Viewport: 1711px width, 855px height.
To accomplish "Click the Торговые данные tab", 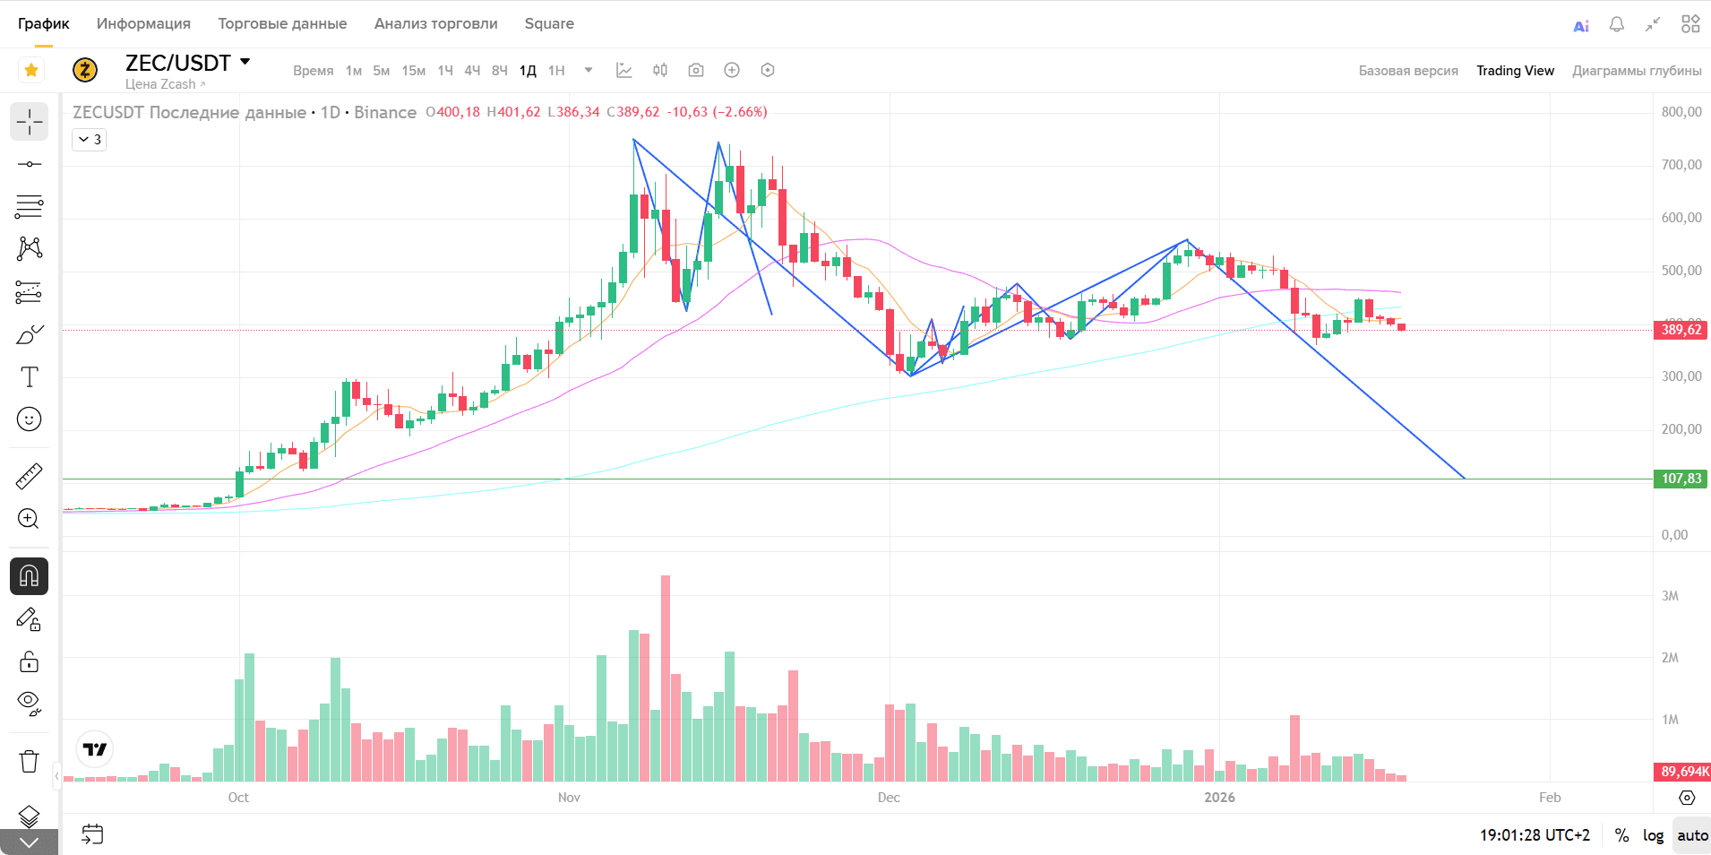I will tap(282, 23).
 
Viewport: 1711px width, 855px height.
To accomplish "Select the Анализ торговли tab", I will tap(435, 23).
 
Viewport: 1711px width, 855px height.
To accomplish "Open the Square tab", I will tap(549, 23).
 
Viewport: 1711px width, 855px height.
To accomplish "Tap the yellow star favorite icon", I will tap(31, 70).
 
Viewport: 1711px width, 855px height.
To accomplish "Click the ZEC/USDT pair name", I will tap(178, 63).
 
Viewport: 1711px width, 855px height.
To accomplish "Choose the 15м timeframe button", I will tap(413, 71).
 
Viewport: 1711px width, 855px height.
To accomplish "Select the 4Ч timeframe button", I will tap(472, 71).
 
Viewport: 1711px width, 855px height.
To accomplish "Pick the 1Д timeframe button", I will tap(528, 71).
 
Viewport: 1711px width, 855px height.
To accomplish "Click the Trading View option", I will tap(1515, 71).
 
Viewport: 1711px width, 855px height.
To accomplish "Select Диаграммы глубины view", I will tap(1636, 71).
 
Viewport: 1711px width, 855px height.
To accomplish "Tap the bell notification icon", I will tap(1616, 24).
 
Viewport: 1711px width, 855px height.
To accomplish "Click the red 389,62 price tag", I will tap(1681, 330).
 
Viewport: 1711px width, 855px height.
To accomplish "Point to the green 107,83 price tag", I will tap(1681, 479).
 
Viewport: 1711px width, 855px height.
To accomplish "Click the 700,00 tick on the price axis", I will tap(1681, 165).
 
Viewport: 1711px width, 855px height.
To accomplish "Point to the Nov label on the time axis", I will tap(569, 798).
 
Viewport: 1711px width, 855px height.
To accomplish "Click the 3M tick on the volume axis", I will tap(1670, 596).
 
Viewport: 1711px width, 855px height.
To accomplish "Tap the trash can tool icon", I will tap(30, 761).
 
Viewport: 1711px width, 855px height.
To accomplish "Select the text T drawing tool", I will tap(30, 377).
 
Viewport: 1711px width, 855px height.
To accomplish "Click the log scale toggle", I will tap(1653, 835).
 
